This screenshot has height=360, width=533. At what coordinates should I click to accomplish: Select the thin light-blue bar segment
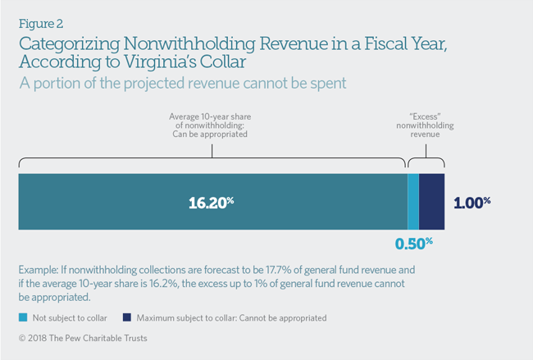(x=413, y=202)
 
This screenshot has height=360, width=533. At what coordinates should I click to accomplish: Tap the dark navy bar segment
(x=432, y=202)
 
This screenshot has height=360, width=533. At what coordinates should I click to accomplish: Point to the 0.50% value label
(x=413, y=244)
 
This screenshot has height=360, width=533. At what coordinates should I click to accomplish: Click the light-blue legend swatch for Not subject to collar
(x=22, y=317)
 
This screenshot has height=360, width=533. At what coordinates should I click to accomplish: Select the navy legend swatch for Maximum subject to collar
(x=127, y=317)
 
